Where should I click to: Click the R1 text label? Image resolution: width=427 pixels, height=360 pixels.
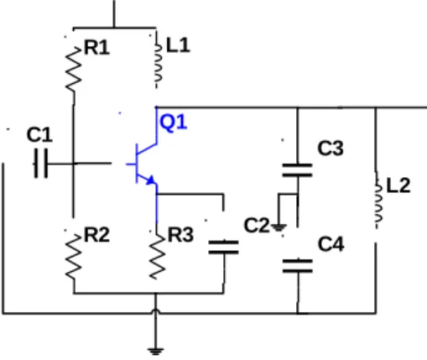[x=96, y=47]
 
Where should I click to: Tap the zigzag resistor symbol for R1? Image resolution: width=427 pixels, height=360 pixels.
[x=74, y=70]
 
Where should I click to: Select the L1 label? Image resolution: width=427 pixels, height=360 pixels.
[x=178, y=45]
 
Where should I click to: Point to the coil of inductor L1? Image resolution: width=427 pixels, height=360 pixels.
[x=158, y=63]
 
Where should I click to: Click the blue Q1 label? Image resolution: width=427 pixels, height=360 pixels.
[x=173, y=123]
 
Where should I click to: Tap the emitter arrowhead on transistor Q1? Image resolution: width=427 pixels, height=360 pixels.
[x=151, y=180]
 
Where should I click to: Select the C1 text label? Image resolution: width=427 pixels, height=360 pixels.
[x=39, y=134]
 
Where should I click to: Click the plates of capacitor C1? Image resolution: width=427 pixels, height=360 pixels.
[x=41, y=164]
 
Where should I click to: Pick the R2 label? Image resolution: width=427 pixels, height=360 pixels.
[x=96, y=235]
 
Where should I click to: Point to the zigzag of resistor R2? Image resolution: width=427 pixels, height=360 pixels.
[x=74, y=257]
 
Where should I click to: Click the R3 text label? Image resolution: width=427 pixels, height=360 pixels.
[x=180, y=235]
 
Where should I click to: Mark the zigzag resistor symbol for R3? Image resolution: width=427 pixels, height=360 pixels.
[x=157, y=257]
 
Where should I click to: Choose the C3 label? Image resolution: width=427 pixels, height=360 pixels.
[x=331, y=148]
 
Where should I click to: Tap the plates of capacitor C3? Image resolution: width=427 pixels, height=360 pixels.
[x=298, y=170]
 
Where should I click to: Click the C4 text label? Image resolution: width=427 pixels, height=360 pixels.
[x=331, y=244]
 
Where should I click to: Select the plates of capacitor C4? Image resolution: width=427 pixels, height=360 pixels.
[x=298, y=266]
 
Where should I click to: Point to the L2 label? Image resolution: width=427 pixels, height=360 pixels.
[x=398, y=185]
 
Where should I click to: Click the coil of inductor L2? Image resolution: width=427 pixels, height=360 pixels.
[x=378, y=200]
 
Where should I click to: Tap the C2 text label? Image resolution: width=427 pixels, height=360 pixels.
[x=257, y=226]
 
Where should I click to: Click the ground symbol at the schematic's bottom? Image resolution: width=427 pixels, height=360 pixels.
[x=155, y=352]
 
